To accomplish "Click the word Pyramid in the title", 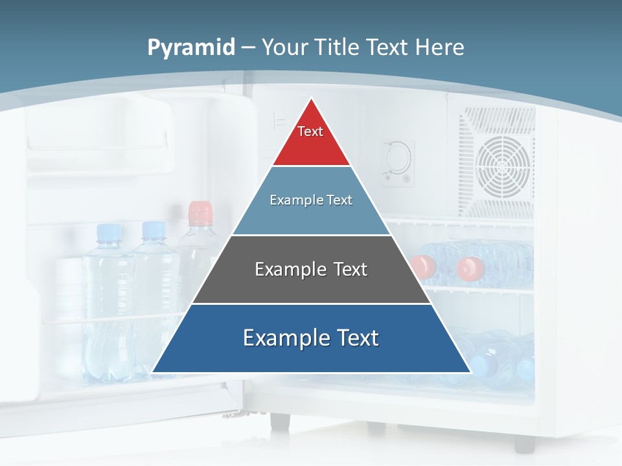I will click(190, 48).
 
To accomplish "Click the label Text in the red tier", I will click(310, 131).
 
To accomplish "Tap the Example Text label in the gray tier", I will click(311, 269).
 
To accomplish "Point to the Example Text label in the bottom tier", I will click(311, 338).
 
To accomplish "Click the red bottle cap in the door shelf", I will click(200, 212).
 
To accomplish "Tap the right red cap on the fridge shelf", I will click(470, 267).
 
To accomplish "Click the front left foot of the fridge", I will click(280, 421).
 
